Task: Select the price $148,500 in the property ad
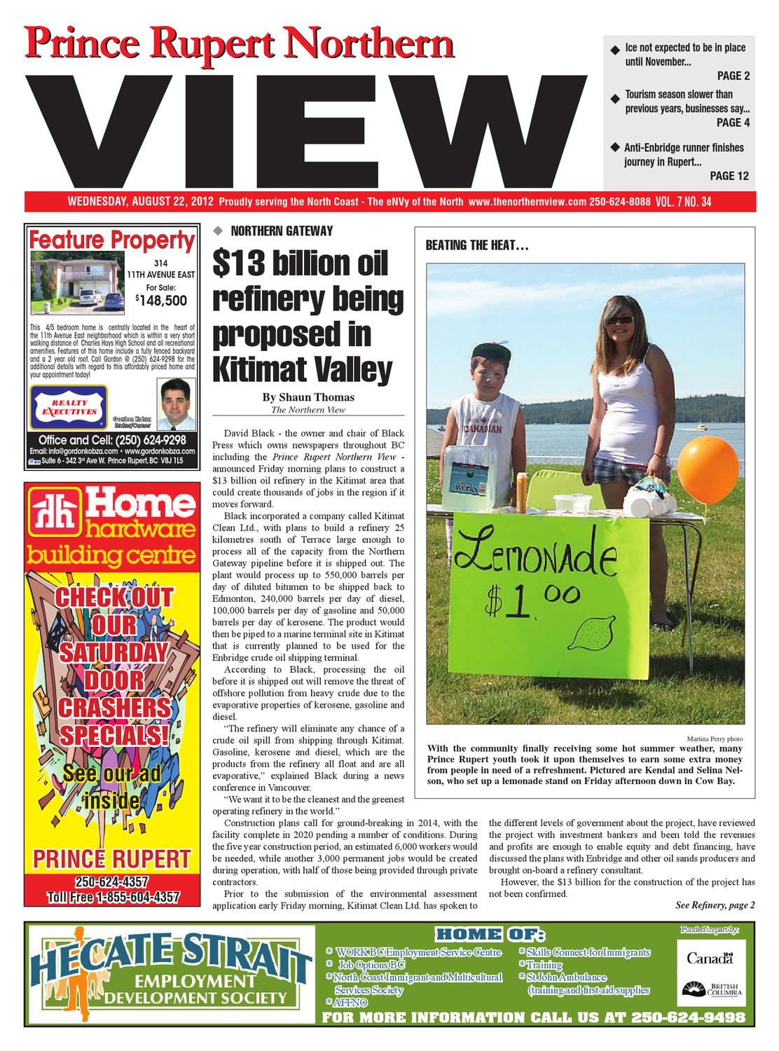(165, 301)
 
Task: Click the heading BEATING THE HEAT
(476, 246)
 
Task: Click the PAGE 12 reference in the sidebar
(729, 175)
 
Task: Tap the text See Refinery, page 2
(715, 905)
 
